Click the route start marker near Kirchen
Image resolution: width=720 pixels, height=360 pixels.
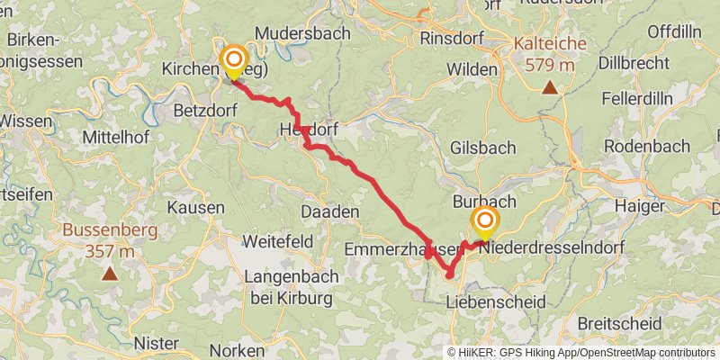click(x=233, y=62)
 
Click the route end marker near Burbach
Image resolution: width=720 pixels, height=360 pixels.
click(x=485, y=221)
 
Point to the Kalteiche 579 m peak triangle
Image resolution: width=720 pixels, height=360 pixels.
click(x=549, y=87)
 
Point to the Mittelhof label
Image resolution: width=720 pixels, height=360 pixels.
click(x=113, y=137)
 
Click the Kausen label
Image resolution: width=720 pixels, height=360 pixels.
click(x=195, y=207)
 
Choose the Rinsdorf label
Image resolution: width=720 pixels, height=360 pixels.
click(x=452, y=40)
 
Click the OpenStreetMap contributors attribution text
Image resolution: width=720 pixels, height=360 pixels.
click(x=645, y=353)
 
